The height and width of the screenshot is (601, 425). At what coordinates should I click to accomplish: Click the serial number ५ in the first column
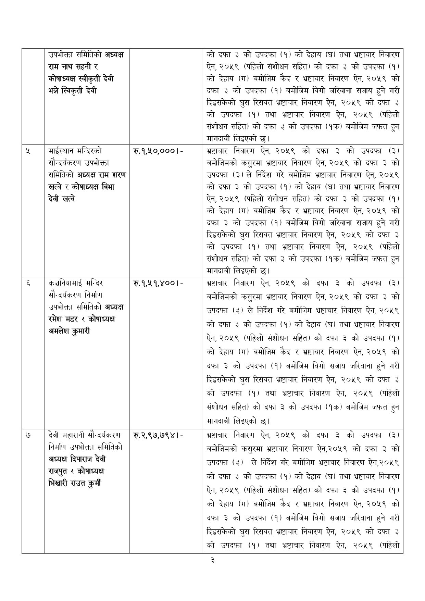click(x=28, y=151)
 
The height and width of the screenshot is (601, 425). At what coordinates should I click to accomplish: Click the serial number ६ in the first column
click(x=28, y=283)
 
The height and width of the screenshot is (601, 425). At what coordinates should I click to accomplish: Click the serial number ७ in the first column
click(x=28, y=435)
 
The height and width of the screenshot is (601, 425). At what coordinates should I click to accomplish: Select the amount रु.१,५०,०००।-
click(x=157, y=151)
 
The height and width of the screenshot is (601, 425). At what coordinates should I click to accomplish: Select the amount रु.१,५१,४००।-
click(x=157, y=283)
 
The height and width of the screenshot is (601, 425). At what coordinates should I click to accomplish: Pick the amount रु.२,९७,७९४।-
click(x=157, y=436)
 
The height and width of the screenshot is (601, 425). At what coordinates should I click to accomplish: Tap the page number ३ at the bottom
click(x=212, y=560)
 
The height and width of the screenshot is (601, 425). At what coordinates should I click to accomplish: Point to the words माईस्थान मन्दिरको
click(x=75, y=151)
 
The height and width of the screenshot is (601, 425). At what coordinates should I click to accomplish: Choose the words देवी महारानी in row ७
click(x=67, y=435)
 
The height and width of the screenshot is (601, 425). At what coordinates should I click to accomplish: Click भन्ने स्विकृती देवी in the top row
click(x=73, y=91)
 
